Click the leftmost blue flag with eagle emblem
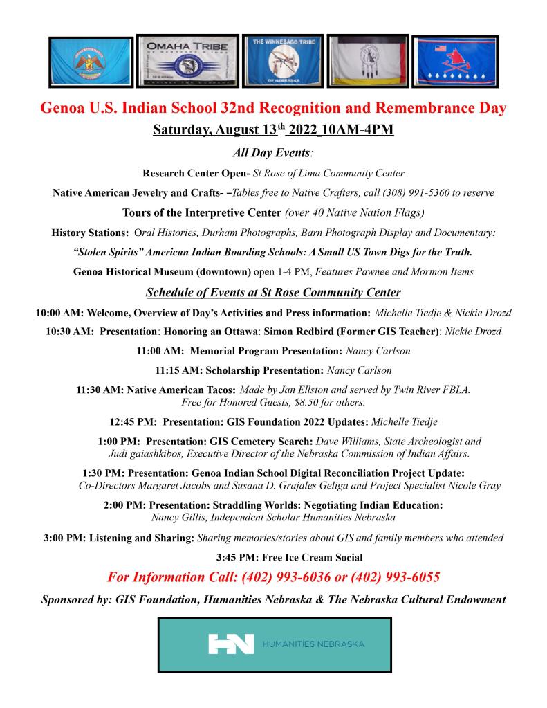point(91,62)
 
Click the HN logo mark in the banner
point(231,644)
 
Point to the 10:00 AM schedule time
point(59,313)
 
